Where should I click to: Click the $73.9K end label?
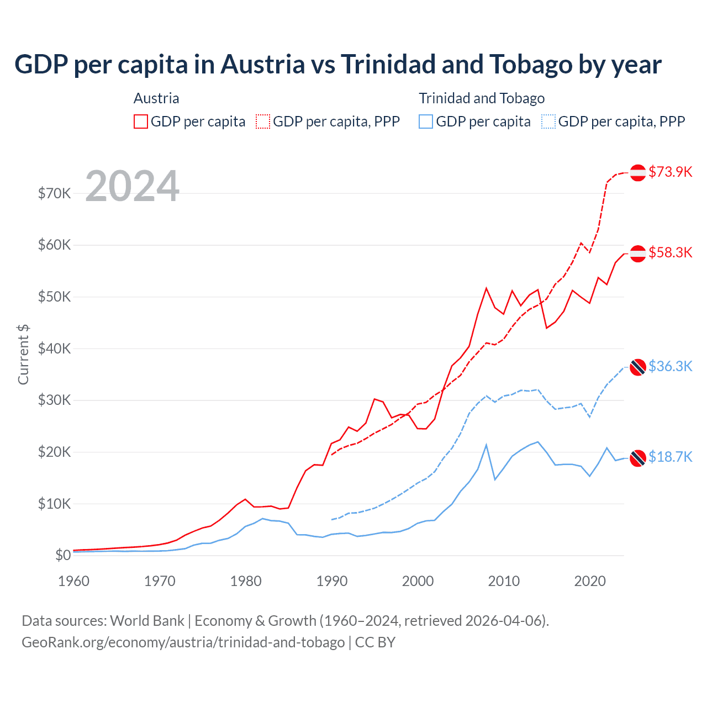tap(670, 172)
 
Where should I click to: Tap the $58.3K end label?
tap(670, 252)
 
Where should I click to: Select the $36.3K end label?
tap(670, 366)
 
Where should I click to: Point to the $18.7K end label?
tap(670, 457)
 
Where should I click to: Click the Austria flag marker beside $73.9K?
tap(638, 172)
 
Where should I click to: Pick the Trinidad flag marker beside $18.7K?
tap(638, 458)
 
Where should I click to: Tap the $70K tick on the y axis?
tap(54, 193)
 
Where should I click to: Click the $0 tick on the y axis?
tap(63, 555)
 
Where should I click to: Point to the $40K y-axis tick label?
tap(54, 349)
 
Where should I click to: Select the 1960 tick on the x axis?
tap(73, 581)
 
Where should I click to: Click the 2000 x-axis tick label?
tap(418, 581)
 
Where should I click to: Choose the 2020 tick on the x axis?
tap(590, 581)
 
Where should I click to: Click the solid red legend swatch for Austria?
tap(141, 122)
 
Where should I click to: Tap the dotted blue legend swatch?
tap(548, 122)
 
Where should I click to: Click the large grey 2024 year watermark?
tap(133, 186)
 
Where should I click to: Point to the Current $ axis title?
tap(23, 355)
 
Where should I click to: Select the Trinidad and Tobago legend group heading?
tap(482, 98)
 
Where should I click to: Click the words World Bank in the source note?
tap(147, 621)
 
